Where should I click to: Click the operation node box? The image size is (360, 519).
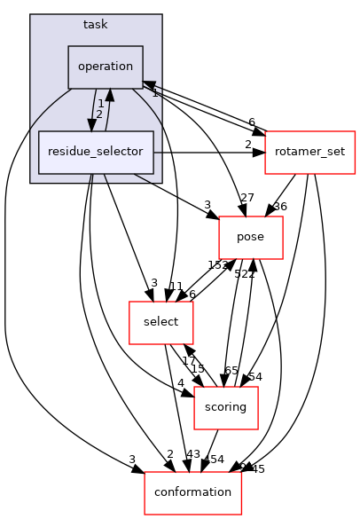[x=106, y=67]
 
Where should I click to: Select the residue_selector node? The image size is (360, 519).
[x=96, y=152]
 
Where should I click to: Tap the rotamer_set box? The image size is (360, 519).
[x=309, y=152]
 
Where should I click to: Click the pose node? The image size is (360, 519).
[x=251, y=237]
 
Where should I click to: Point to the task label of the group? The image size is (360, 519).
[x=95, y=24]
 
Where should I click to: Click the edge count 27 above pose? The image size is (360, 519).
[x=247, y=197]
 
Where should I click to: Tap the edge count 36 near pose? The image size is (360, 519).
[x=281, y=207]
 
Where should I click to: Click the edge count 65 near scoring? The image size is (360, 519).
[x=231, y=371]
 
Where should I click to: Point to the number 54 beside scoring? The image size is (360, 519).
[x=254, y=376]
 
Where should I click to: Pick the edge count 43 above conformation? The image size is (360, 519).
[x=193, y=455]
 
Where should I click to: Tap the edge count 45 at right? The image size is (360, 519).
[x=258, y=469]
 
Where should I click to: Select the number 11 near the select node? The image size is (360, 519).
[x=176, y=287]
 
